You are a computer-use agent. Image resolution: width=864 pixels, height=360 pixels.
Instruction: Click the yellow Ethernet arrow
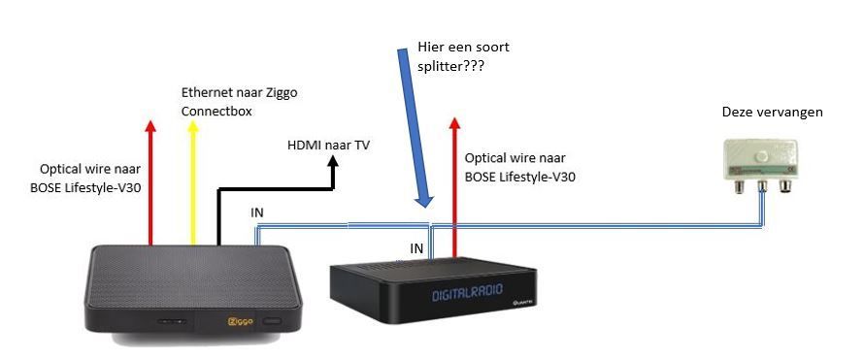[x=193, y=180]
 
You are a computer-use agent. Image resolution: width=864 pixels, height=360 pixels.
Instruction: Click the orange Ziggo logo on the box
[x=234, y=319]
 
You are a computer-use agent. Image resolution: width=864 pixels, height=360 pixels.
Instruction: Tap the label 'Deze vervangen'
[x=772, y=113]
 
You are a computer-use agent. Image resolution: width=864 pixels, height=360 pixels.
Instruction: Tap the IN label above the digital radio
[x=416, y=248]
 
